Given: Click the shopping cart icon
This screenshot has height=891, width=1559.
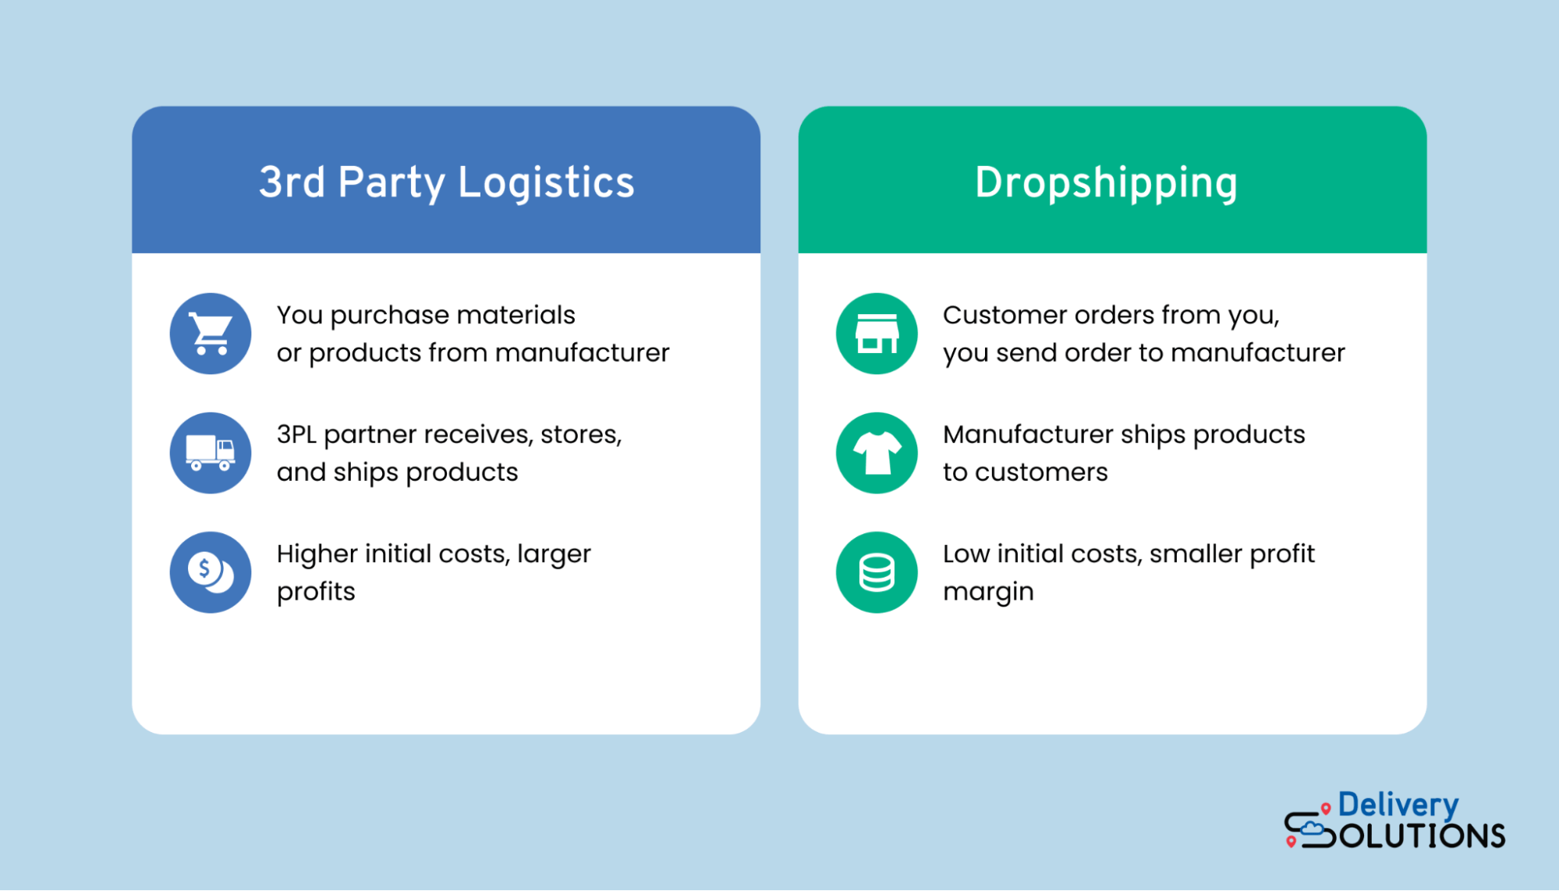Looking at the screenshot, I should tap(211, 334).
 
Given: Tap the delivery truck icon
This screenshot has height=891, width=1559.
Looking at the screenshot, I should tap(211, 453).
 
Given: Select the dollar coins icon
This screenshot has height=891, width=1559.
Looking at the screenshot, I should tap(211, 572).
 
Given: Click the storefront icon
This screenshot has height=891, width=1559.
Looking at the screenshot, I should tap(877, 334).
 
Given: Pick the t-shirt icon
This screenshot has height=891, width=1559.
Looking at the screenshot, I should tap(877, 453).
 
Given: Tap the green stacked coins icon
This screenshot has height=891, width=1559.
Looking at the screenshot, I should tap(877, 572).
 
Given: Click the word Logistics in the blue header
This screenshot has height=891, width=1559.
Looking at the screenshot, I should tap(546, 182).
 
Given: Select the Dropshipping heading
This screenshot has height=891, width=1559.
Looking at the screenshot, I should tap(1106, 182).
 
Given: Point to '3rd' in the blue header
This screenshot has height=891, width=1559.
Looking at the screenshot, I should tap(292, 182).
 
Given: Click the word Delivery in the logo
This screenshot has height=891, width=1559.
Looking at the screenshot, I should tap(1398, 805).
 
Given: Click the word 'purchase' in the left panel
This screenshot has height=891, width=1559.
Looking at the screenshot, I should tap(389, 316).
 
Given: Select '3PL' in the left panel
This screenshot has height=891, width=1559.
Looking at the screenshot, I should tap(296, 434).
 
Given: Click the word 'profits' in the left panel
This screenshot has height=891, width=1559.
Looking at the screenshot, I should tap(316, 592).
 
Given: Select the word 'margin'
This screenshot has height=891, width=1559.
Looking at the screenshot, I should tap(988, 592).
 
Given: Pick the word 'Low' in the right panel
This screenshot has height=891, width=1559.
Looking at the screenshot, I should tap(966, 553).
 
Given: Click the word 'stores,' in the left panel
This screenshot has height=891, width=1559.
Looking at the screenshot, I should tap(581, 434).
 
